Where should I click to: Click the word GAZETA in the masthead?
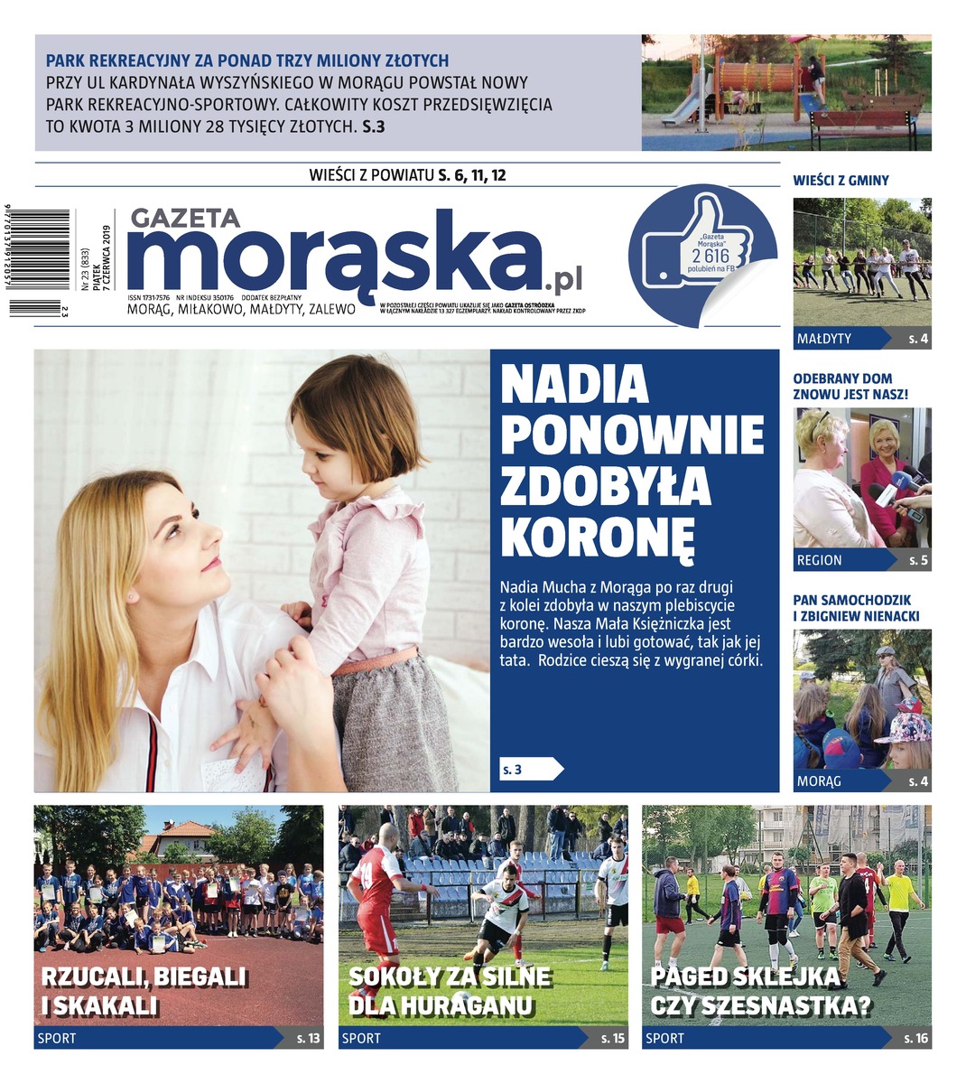(185, 218)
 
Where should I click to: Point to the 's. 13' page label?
(308, 1038)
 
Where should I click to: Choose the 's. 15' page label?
(612, 1038)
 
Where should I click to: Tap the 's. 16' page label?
(915, 1038)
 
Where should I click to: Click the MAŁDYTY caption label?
(823, 339)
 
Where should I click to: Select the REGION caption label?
(819, 560)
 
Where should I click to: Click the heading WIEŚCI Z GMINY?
(841, 181)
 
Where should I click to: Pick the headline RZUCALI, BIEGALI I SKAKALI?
(144, 991)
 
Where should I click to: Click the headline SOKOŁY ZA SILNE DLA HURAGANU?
(449, 991)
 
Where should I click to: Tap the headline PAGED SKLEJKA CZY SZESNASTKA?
(759, 991)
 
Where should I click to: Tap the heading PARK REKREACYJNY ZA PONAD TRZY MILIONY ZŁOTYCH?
(247, 61)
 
